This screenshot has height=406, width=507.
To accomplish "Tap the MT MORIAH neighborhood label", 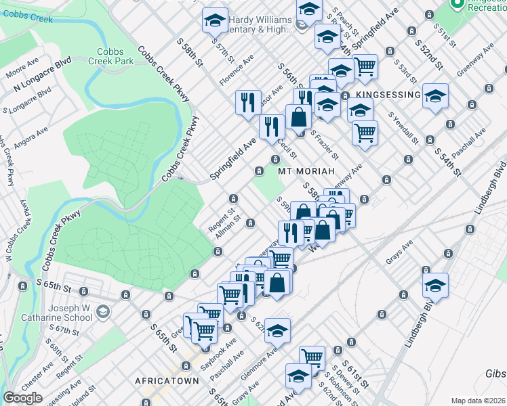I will pos(306,171).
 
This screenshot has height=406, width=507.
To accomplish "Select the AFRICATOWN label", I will pos(167,381).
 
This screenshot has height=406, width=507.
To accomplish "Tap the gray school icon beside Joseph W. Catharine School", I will pos(103,311).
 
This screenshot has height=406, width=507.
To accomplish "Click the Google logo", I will pos(22,398).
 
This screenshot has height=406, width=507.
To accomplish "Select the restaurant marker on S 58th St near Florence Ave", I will pos(248,101).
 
